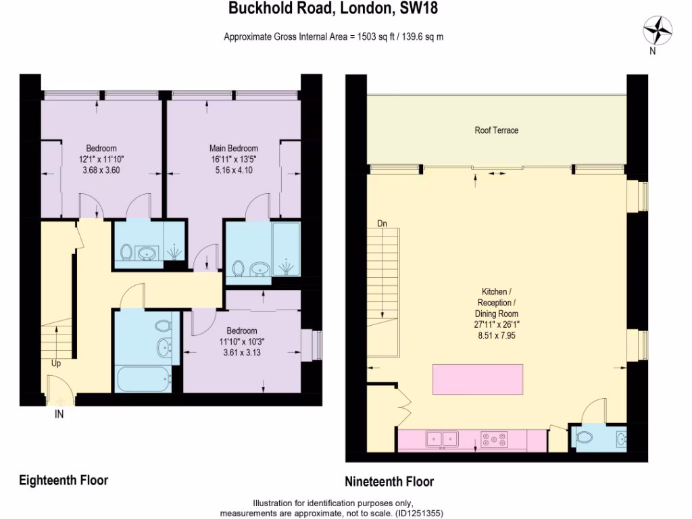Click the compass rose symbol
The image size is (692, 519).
tap(658, 30)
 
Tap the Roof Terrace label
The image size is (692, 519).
tap(496, 130)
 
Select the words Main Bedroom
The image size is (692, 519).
tap(234, 149)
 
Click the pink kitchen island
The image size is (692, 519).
tap(478, 378)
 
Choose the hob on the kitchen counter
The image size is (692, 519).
tap(495, 440)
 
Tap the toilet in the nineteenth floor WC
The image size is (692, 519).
tap(584, 437)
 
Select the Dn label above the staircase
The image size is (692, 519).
tap(382, 224)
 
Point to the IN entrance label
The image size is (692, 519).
tap(59, 415)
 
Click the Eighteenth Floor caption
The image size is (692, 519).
tap(64, 480)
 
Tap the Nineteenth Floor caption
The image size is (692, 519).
tap(389, 482)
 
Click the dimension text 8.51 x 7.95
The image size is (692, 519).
tap(495, 335)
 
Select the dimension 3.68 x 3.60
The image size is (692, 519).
tap(101, 170)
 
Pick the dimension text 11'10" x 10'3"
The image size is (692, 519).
tap(241, 341)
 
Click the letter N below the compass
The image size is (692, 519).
tap(652, 51)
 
